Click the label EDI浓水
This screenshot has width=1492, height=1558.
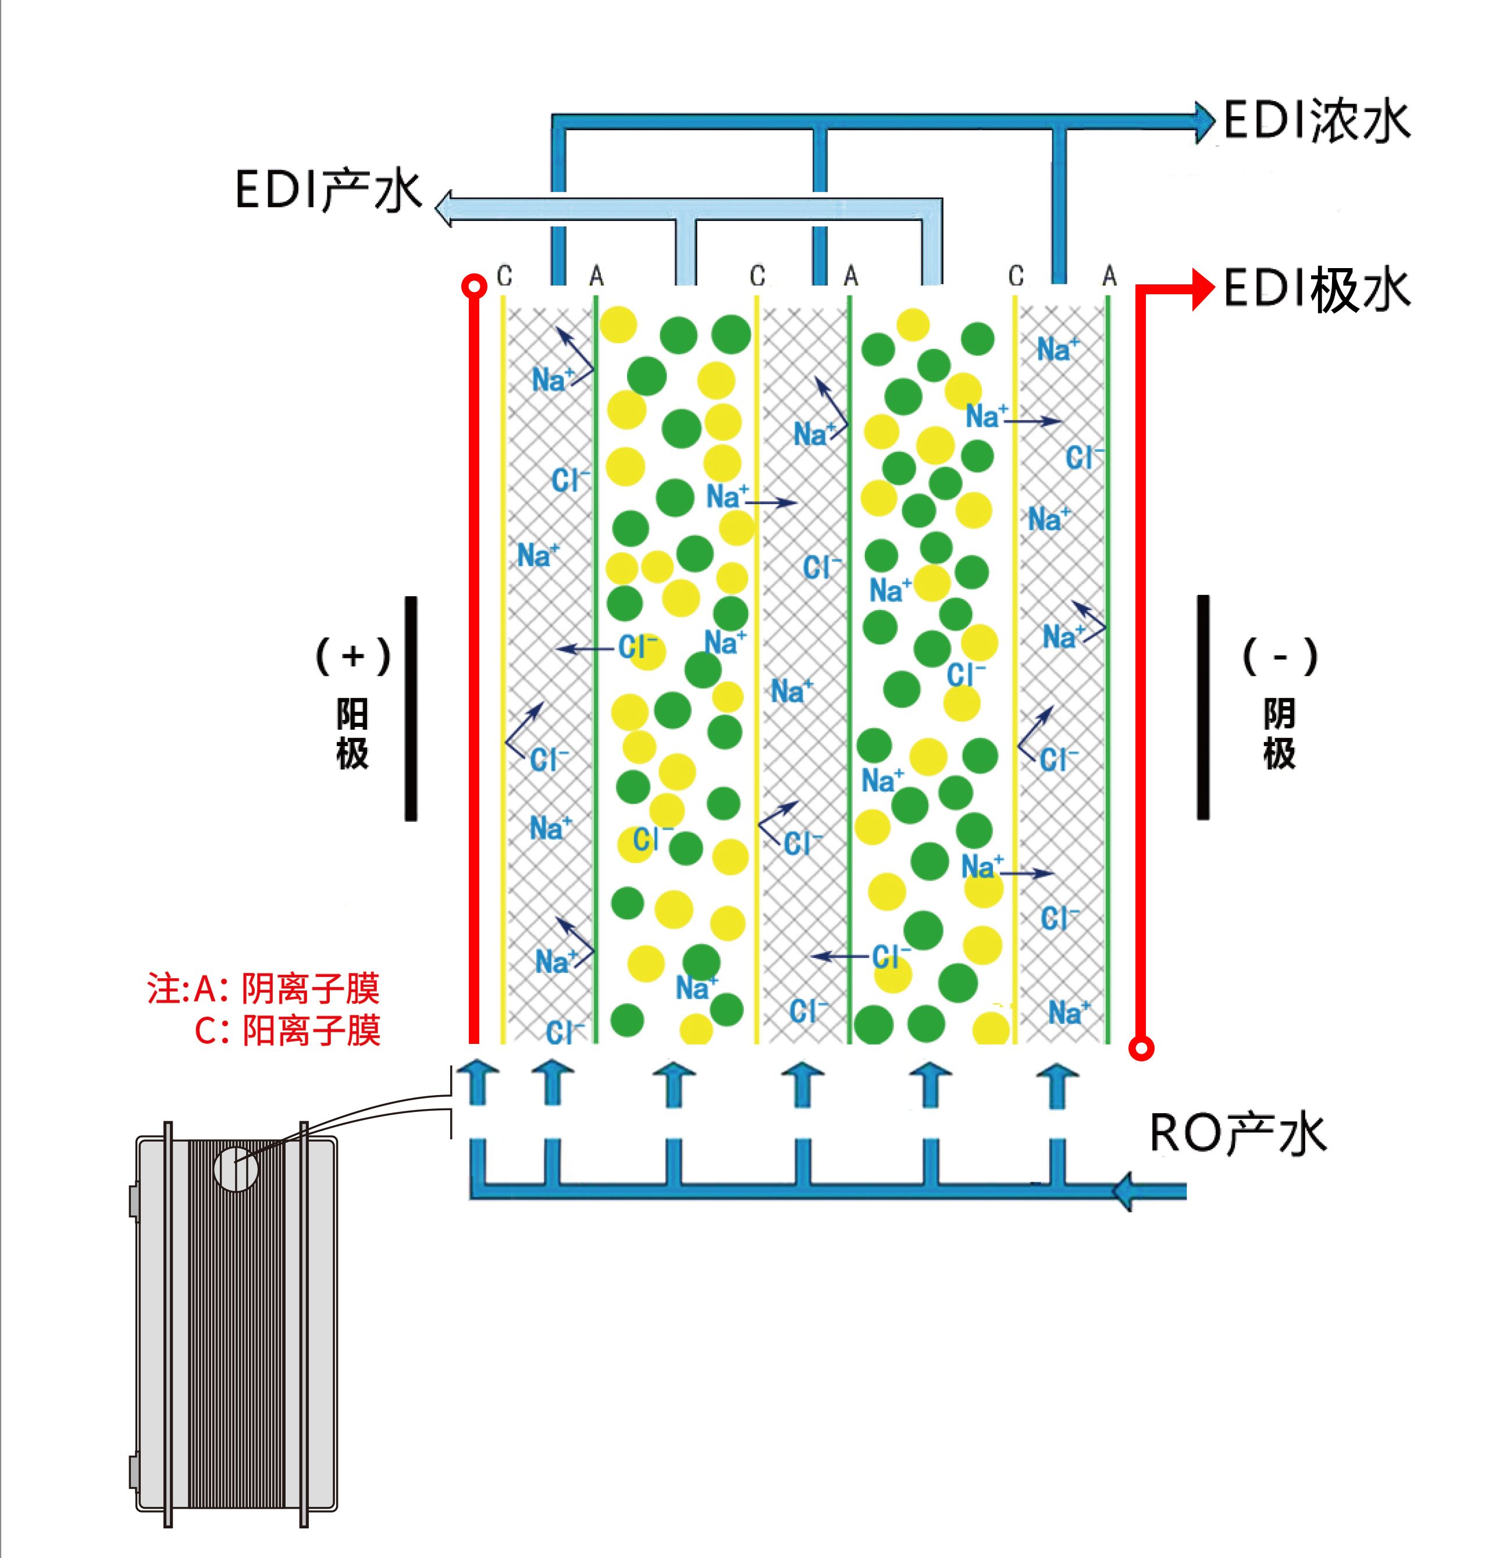1316,121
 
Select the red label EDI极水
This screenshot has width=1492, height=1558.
1316,290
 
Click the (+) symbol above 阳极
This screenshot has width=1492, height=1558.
353,657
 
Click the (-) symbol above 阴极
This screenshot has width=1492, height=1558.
1280,657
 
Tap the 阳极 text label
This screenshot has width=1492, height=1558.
352,735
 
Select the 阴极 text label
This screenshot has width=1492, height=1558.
1279,735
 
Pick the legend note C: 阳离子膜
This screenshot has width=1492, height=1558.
287,1030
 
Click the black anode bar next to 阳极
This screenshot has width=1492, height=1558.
410,707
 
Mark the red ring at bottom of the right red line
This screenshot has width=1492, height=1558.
1141,1049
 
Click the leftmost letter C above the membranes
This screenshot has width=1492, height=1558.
504,276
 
